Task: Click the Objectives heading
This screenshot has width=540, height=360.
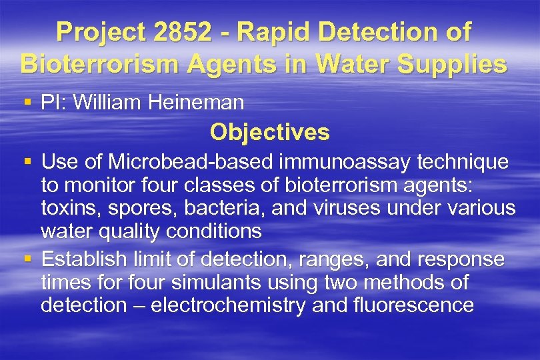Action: pos(269,132)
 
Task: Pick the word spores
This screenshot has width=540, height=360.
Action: pos(134,209)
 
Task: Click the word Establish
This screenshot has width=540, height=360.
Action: pos(83,259)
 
